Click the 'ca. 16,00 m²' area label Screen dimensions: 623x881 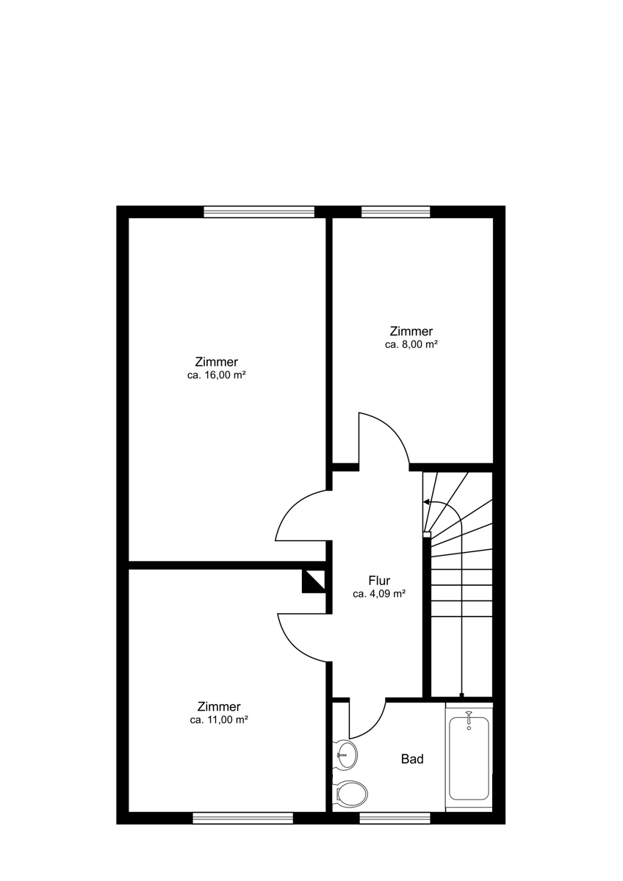pyautogui.click(x=217, y=375)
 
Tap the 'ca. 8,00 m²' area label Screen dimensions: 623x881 pyautogui.click(x=411, y=344)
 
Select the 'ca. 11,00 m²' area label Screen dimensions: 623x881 pyautogui.click(x=219, y=720)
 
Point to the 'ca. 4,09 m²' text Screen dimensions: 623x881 pyautogui.click(x=379, y=594)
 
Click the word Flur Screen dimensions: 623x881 pyautogui.click(x=379, y=580)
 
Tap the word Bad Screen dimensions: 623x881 pyautogui.click(x=412, y=758)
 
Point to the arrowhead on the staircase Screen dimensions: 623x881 pyautogui.click(x=426, y=502)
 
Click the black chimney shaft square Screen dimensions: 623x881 pyautogui.click(x=314, y=581)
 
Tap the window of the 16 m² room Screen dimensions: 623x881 pyautogui.click(x=259, y=211)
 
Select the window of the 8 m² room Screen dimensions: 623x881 pyautogui.click(x=395, y=211)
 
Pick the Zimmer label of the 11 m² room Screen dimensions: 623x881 pyautogui.click(x=219, y=707)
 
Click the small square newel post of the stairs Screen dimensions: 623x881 pyautogui.click(x=427, y=534)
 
